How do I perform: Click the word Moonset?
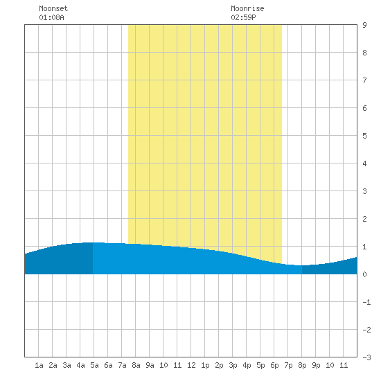53,8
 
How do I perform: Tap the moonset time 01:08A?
51,17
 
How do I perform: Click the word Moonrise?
247,8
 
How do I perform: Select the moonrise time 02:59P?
243,17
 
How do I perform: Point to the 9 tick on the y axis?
364,25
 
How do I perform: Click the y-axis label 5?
364,136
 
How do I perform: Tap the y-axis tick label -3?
366,357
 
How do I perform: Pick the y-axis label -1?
366,302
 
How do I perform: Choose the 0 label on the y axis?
364,274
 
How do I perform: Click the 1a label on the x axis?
39,365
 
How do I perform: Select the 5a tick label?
94,365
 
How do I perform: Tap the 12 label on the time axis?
191,365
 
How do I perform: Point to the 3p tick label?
233,365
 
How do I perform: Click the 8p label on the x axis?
302,365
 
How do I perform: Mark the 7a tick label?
122,365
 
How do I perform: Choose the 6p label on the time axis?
274,365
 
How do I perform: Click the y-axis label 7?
364,80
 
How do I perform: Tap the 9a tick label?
150,365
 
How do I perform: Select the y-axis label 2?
364,219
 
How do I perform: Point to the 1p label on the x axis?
205,365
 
